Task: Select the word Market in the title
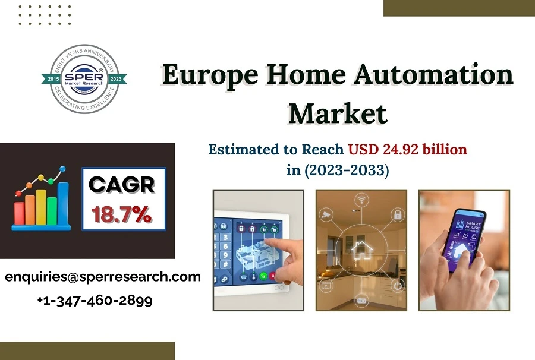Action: [x=337, y=113]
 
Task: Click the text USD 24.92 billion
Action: [x=407, y=149]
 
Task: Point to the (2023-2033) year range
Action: [x=346, y=170]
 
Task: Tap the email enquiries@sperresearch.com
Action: [x=102, y=277]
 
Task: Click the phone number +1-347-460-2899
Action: [x=95, y=300]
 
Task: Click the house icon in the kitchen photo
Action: [x=361, y=250]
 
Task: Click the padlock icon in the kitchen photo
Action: [x=396, y=214]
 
